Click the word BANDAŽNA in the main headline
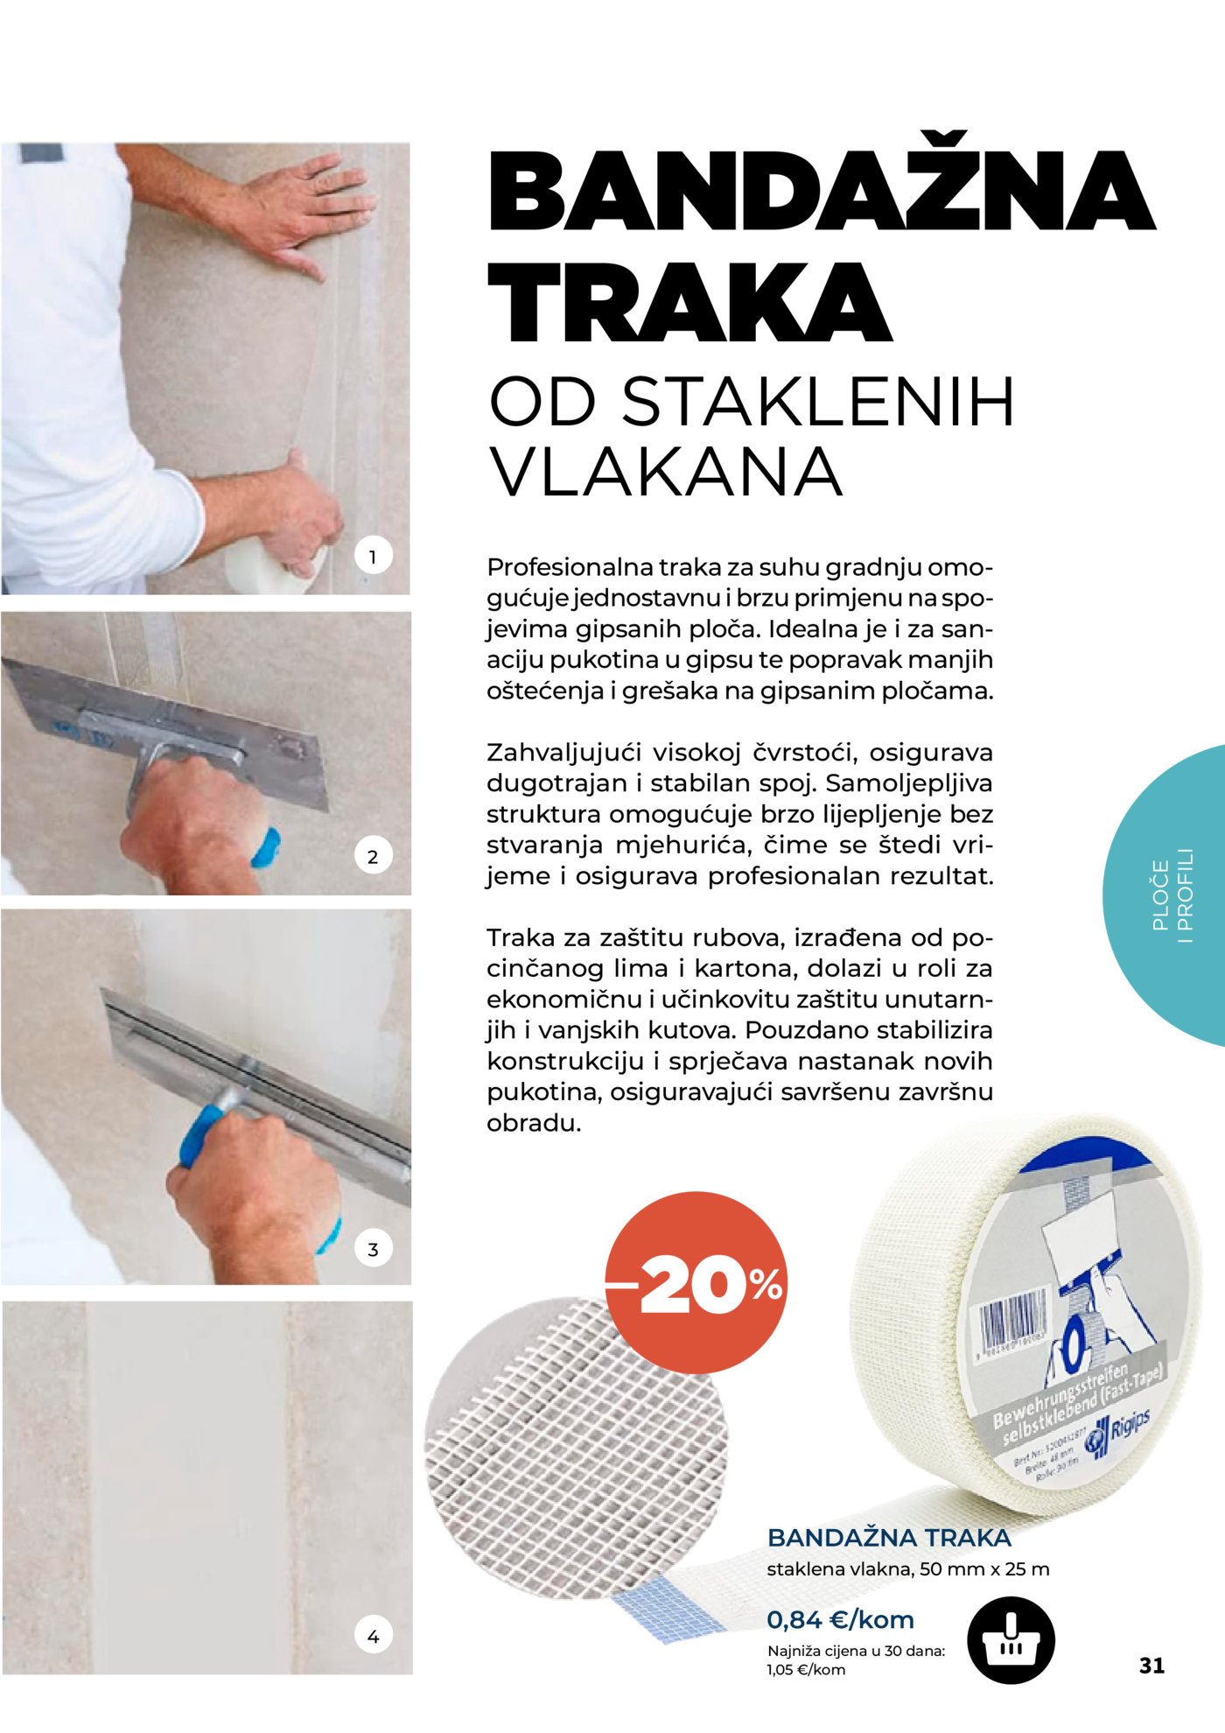821,192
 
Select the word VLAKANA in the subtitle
666,473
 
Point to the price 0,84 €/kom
840,1619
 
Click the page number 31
1151,1665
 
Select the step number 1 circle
373,556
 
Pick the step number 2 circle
373,856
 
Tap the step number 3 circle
373,1249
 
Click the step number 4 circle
373,1635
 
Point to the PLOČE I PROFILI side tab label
1172,895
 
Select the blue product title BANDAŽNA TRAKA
889,1538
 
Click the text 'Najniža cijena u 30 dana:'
856,1651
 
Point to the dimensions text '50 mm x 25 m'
984,1569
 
